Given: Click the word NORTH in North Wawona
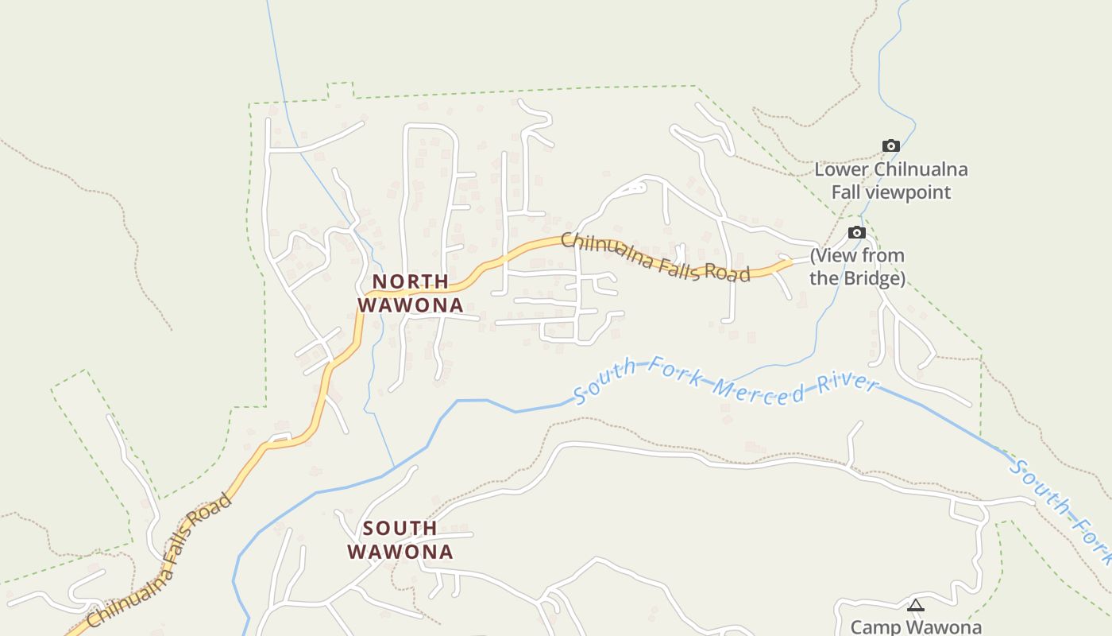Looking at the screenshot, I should pyautogui.click(x=411, y=281).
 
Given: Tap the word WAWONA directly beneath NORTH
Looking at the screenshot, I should pyautogui.click(x=411, y=305).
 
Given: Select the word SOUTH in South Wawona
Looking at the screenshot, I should pyautogui.click(x=400, y=528).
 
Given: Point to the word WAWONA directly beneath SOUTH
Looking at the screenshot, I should pyautogui.click(x=400, y=552).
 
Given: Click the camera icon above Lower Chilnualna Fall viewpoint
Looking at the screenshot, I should pyautogui.click(x=891, y=145).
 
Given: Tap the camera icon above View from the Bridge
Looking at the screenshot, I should pyautogui.click(x=856, y=232).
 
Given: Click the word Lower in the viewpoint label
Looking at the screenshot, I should pyautogui.click(x=841, y=169).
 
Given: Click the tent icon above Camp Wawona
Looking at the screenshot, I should pyautogui.click(x=916, y=606).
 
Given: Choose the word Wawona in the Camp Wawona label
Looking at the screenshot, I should pyautogui.click(x=944, y=626).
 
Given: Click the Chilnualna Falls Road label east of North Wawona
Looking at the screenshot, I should pyautogui.click(x=655, y=257).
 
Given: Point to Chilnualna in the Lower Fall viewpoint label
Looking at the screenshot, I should pyautogui.click(x=921, y=169).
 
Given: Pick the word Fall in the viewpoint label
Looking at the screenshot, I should pyautogui.click(x=848, y=192).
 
